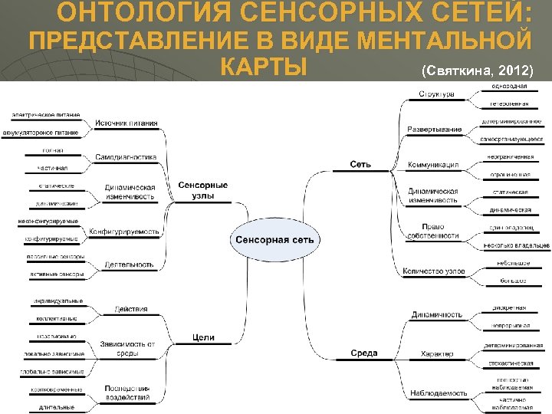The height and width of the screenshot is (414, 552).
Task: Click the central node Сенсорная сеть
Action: tap(274, 240)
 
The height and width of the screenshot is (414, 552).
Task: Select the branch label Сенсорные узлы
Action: tap(203, 190)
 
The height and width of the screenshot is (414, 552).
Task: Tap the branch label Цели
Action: tap(204, 337)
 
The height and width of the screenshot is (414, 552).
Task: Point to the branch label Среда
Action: tap(363, 353)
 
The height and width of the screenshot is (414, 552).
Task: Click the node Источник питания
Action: tap(127, 123)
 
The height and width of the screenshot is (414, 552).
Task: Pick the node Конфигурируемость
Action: tap(124, 232)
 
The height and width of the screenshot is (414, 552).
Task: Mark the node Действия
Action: tap(130, 309)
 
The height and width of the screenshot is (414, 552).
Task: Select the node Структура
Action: tap(436, 94)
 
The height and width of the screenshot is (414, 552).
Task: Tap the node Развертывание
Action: tap(435, 129)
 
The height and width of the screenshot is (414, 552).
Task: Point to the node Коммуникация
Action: tap(433, 165)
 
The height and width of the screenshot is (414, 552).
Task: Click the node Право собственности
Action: tap(434, 231)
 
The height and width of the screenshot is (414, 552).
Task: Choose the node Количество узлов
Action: tap(434, 271)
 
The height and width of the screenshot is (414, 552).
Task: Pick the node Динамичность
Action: tap(436, 314)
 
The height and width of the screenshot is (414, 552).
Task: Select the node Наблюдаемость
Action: tap(438, 393)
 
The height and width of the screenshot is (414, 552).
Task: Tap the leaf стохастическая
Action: tap(508, 363)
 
